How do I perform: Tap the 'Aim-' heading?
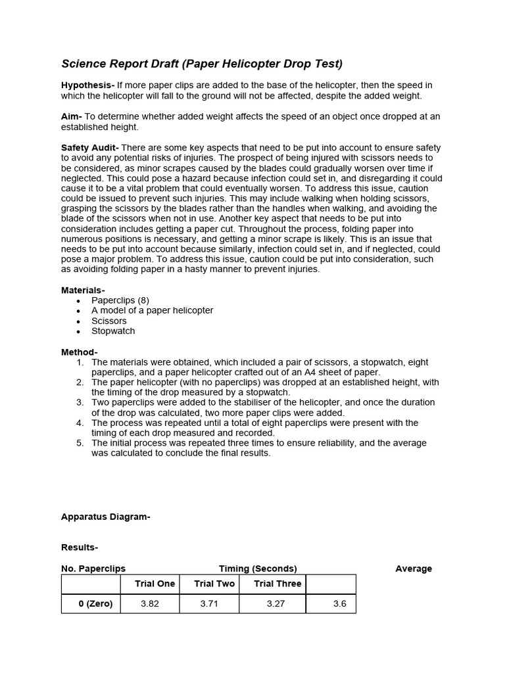[x=72, y=116]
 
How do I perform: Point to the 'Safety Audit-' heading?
[x=91, y=147]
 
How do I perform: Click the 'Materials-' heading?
[x=83, y=290]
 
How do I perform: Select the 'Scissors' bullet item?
[x=109, y=321]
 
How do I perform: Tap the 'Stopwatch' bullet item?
[x=113, y=331]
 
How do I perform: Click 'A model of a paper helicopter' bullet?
[x=153, y=310]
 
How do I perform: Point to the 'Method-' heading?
[x=79, y=352]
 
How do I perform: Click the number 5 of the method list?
[x=80, y=443]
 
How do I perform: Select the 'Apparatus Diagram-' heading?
[x=106, y=517]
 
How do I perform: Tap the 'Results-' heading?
[x=80, y=547]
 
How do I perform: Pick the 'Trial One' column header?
[x=155, y=584]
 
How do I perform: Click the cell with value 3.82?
[x=150, y=604]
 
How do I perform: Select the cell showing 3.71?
[x=209, y=604]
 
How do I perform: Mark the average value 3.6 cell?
[x=339, y=604]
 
